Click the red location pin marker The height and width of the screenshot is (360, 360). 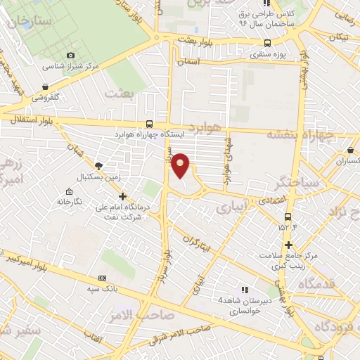click(x=181, y=165)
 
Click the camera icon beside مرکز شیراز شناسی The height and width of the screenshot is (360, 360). click(x=70, y=56)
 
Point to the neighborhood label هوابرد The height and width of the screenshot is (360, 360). click(x=205, y=127)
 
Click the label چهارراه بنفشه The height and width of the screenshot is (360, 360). click(x=305, y=134)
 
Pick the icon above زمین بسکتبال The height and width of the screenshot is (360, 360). click(x=98, y=165)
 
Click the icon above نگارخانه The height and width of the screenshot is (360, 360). click(x=69, y=192)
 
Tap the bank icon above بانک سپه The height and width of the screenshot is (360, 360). click(x=102, y=278)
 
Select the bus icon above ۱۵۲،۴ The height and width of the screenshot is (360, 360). click(x=287, y=215)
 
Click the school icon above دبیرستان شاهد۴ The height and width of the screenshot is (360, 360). click(x=245, y=289)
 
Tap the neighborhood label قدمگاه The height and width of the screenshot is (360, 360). click(x=320, y=283)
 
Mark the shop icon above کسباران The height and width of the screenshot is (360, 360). click(x=350, y=150)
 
